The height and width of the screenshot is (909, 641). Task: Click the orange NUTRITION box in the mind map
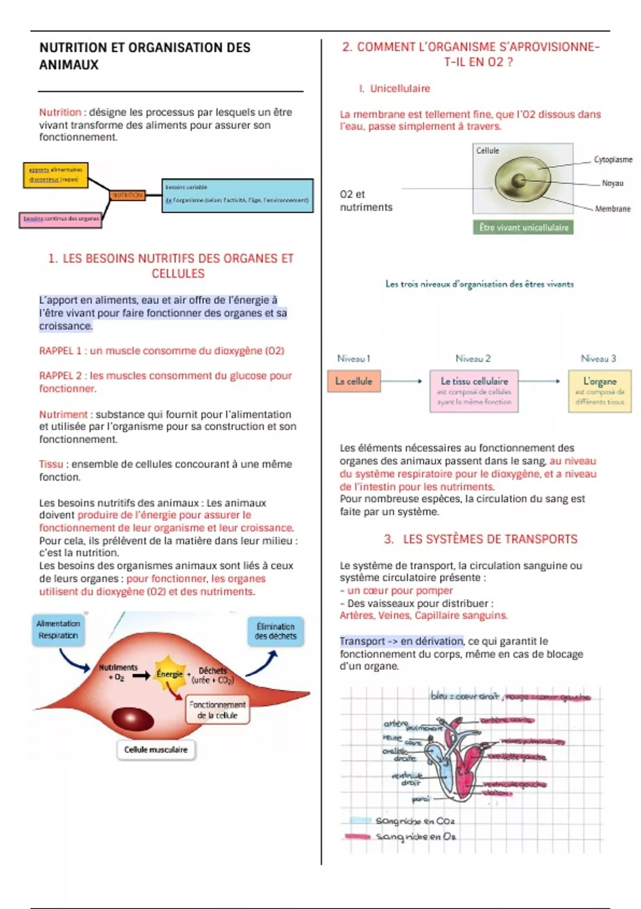(x=127, y=195)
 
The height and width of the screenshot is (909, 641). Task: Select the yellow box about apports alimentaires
(x=56, y=175)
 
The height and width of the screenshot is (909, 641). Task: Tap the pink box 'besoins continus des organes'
(x=60, y=219)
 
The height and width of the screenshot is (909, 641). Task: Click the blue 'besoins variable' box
(x=237, y=195)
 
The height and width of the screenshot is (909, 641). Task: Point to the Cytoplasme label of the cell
(x=613, y=159)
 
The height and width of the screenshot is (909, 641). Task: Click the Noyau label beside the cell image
(x=612, y=183)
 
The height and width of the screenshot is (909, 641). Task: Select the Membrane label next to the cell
(x=613, y=209)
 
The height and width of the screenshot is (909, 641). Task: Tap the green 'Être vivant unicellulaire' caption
(x=523, y=227)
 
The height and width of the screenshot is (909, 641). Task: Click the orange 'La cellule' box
(x=354, y=381)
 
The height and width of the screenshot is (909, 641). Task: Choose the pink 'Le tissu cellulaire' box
(x=474, y=391)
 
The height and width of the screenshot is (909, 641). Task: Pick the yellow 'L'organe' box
(x=599, y=391)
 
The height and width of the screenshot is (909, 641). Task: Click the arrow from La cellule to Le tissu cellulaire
(x=402, y=381)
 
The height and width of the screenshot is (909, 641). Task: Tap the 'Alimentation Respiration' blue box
(x=58, y=629)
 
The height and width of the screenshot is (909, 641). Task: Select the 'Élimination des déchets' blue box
(x=275, y=631)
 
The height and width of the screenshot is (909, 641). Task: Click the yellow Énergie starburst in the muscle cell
(x=169, y=673)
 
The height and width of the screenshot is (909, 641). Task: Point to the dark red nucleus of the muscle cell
(x=132, y=719)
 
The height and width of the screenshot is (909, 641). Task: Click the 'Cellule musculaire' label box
(x=155, y=750)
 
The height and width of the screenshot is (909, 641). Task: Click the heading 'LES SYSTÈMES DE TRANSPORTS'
(x=489, y=539)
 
